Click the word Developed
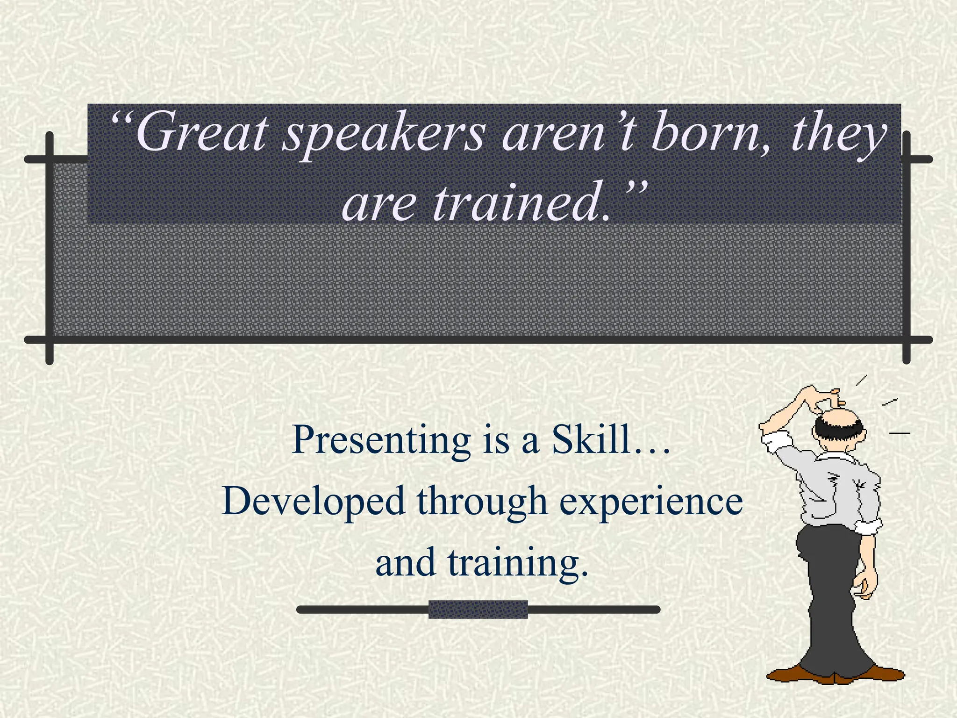point(314,502)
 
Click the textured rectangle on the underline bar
point(478,610)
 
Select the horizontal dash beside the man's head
point(900,433)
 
